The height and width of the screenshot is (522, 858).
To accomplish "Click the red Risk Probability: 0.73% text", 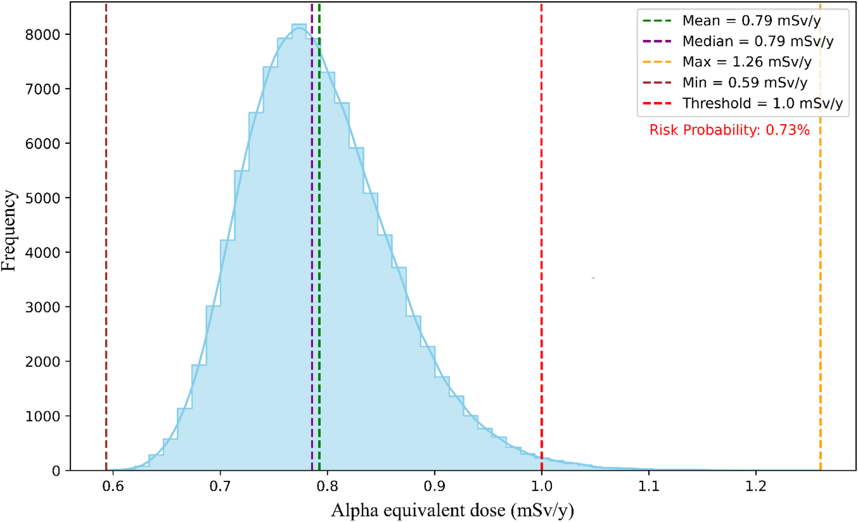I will point(729,130).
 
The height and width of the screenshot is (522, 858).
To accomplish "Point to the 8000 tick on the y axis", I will point(42,35).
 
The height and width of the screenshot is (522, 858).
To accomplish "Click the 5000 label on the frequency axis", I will point(42,198).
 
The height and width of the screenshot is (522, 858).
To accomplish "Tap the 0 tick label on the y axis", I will point(56,471).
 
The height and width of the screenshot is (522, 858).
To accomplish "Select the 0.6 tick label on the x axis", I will point(113,487).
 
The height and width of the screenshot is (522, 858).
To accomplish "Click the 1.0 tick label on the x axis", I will point(541,487).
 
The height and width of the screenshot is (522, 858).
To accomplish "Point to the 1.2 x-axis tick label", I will point(756,487).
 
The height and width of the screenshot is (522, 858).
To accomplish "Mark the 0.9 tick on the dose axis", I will point(435,487).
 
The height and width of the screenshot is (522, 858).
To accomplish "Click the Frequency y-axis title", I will point(9,231).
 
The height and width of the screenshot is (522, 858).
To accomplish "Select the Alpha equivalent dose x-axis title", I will point(452,510).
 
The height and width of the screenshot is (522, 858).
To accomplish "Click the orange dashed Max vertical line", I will point(820,256).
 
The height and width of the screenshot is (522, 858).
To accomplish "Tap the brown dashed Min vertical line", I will point(106,256).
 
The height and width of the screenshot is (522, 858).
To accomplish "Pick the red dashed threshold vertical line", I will point(541,256).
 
